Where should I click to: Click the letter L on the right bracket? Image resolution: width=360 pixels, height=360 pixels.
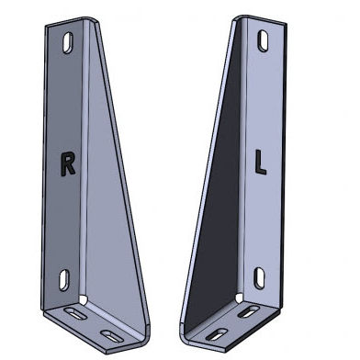(x=262, y=163)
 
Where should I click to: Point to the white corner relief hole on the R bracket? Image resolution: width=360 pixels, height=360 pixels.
(x=84, y=300)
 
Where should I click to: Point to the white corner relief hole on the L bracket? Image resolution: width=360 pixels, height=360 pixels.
(x=241, y=299)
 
